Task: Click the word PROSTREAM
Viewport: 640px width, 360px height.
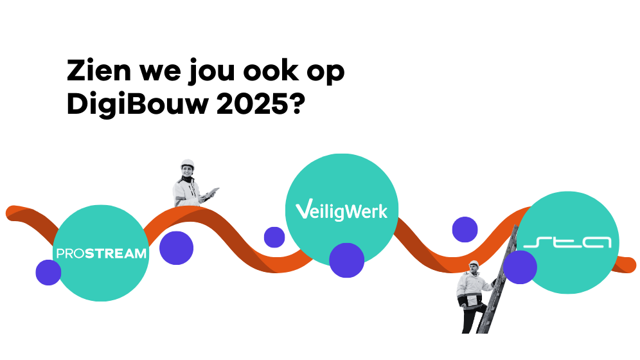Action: click(102, 253)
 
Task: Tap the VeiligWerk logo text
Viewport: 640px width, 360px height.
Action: click(341, 211)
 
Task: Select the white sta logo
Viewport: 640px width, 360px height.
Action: click(567, 243)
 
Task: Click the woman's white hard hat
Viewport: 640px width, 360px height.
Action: click(188, 164)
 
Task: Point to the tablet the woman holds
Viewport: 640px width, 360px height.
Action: click(211, 193)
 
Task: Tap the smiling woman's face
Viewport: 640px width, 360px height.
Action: click(188, 172)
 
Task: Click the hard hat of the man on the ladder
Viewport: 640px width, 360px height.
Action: click(474, 264)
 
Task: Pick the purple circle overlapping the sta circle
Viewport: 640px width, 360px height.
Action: click(520, 267)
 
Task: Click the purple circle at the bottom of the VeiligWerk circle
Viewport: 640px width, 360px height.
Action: click(347, 260)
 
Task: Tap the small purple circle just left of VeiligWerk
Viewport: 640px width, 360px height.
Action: click(274, 237)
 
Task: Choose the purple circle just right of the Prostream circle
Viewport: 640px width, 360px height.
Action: click(176, 248)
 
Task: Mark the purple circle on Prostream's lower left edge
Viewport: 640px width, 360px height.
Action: click(48, 273)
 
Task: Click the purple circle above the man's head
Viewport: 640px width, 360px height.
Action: click(465, 230)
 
